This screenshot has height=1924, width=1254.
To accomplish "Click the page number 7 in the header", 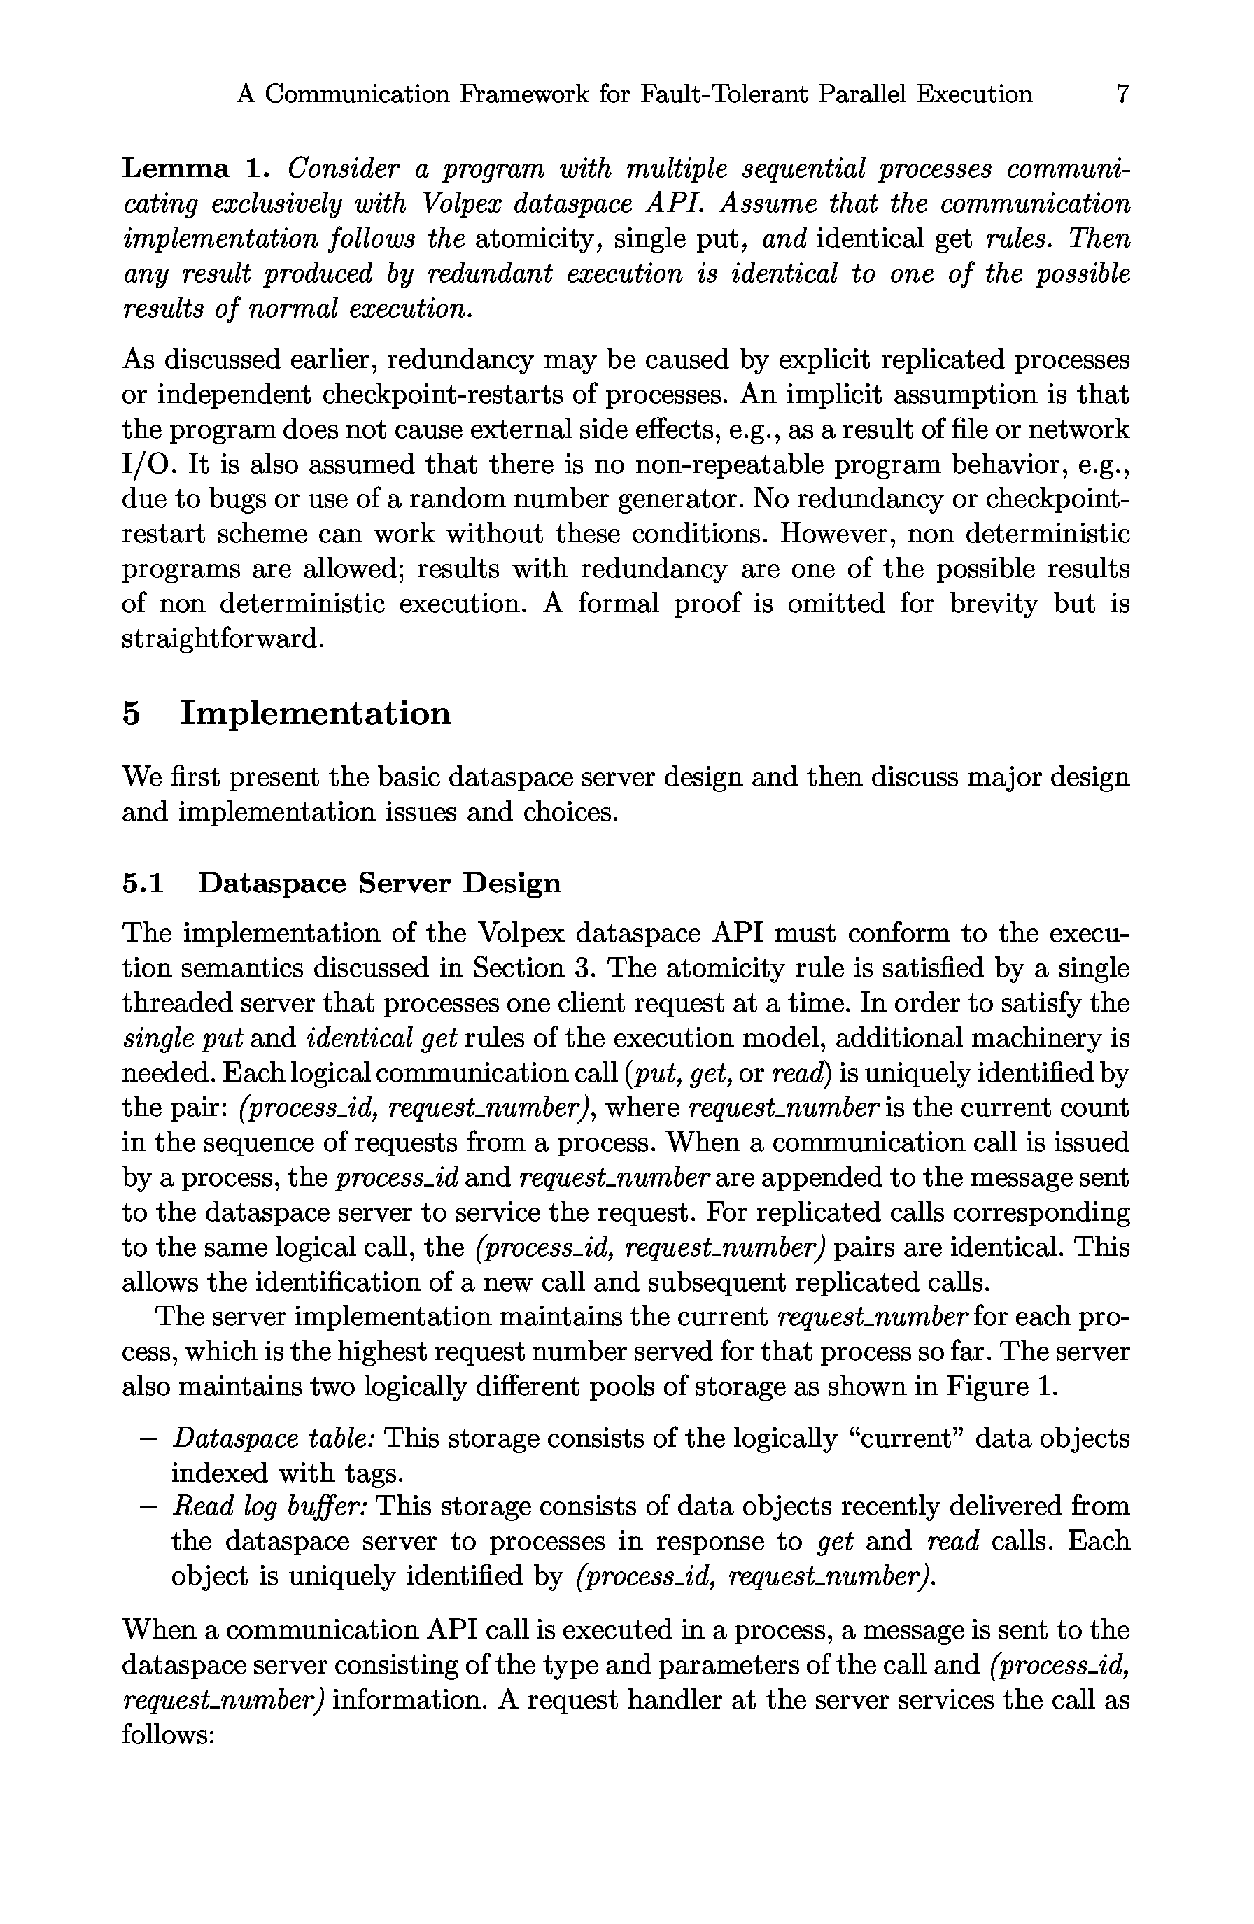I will (1122, 94).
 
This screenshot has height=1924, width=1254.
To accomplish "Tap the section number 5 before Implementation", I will (132, 713).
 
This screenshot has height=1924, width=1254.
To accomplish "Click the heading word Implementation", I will (316, 713).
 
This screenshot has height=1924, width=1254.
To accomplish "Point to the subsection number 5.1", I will (142, 882).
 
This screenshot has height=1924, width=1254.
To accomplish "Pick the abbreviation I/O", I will (146, 464).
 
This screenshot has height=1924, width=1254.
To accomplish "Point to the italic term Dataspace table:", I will (272, 1438).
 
